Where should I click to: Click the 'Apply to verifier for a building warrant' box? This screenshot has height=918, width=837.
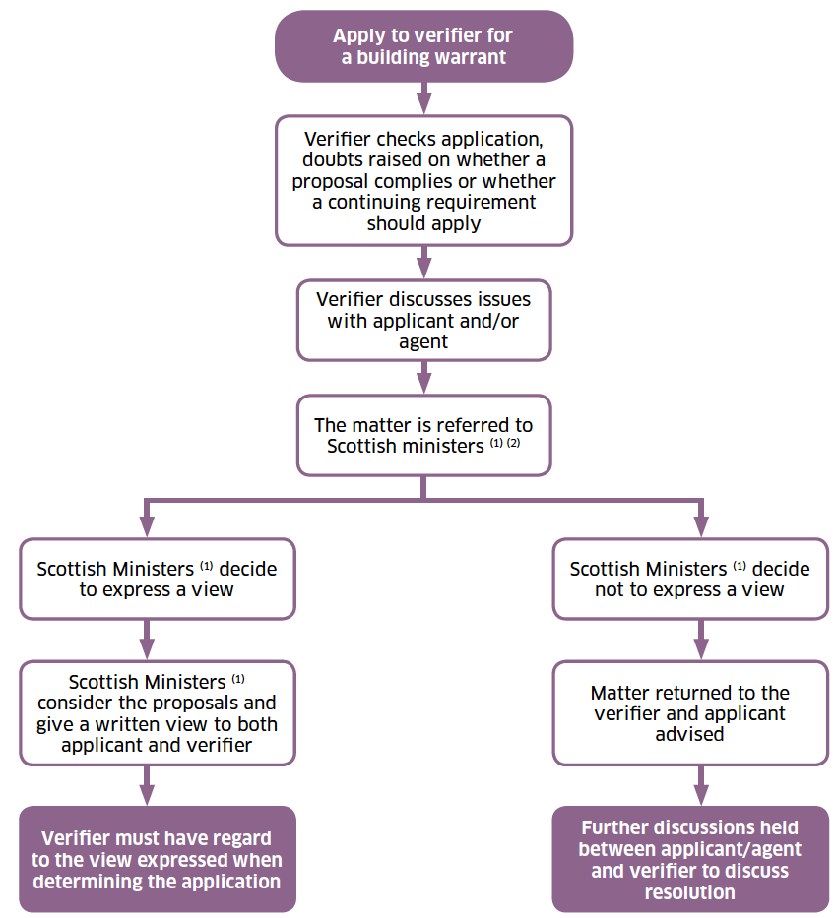point(423,46)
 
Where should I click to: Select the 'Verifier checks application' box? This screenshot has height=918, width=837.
point(423,180)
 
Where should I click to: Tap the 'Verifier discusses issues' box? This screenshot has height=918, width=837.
point(423,320)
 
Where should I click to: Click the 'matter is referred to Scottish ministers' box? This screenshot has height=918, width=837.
point(423,435)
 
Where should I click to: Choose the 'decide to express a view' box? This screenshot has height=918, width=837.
point(157,579)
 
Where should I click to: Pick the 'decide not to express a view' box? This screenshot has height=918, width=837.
point(690,579)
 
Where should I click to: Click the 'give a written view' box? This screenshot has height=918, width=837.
point(157,712)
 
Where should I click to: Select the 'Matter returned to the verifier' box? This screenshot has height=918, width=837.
point(690,712)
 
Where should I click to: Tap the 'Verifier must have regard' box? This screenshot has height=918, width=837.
point(157,859)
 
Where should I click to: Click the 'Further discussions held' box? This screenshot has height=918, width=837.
point(690,859)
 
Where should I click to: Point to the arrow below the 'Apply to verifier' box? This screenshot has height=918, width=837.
point(424,97)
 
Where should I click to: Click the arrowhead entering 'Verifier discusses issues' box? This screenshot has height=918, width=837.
point(424,269)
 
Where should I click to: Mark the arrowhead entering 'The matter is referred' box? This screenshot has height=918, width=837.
point(424,384)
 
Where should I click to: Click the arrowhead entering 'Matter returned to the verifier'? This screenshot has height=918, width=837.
point(700,649)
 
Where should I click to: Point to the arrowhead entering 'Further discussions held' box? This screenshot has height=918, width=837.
point(700,795)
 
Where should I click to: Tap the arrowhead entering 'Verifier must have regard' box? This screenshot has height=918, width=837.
point(147,795)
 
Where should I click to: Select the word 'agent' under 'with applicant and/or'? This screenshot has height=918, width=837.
point(422,342)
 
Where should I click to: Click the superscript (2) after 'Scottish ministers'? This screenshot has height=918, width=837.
point(513,443)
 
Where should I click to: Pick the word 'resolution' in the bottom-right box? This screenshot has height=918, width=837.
point(689,892)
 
